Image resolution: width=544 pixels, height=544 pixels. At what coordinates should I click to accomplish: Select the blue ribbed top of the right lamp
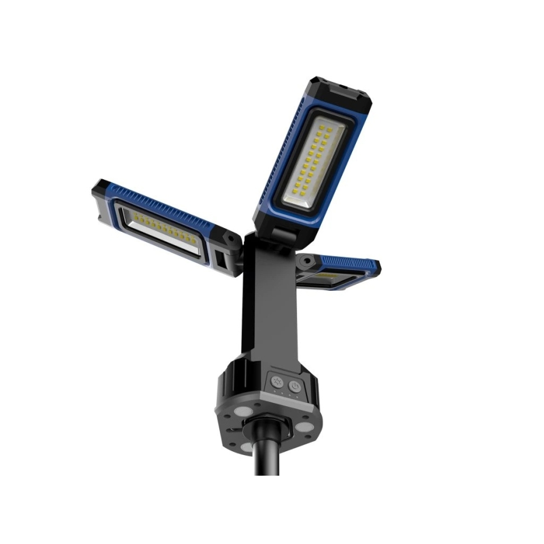(351, 264)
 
